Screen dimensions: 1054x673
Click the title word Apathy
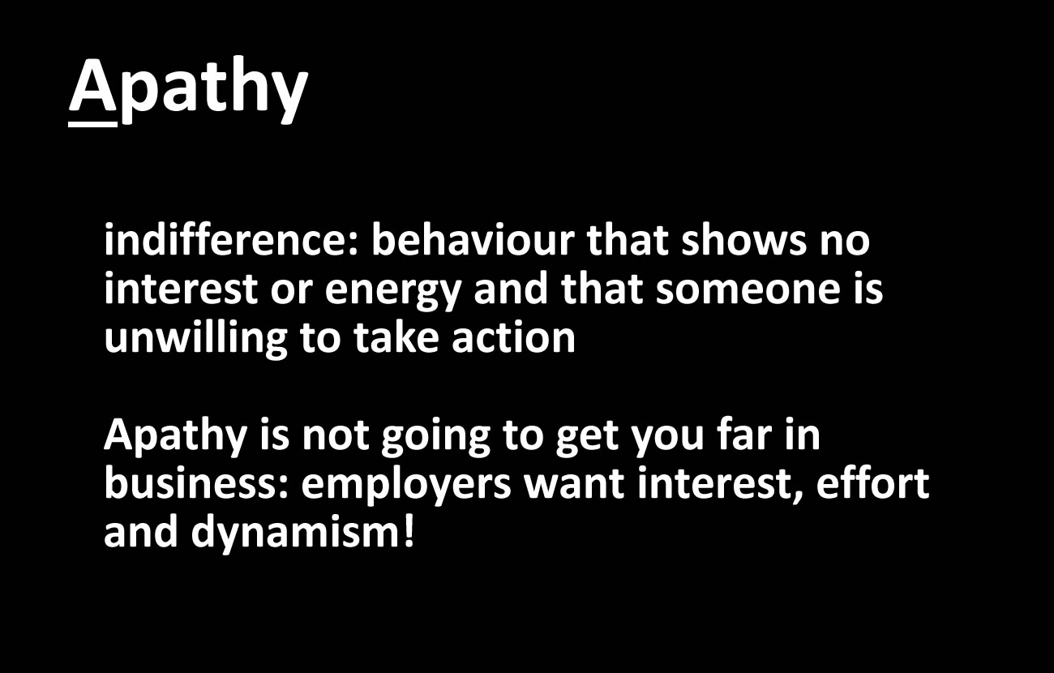(188, 89)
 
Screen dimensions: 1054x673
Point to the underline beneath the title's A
(92, 124)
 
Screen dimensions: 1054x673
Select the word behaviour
(473, 239)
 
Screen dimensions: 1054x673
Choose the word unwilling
(195, 340)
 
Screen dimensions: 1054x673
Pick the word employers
(405, 487)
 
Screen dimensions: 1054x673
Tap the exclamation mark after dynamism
(409, 531)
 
